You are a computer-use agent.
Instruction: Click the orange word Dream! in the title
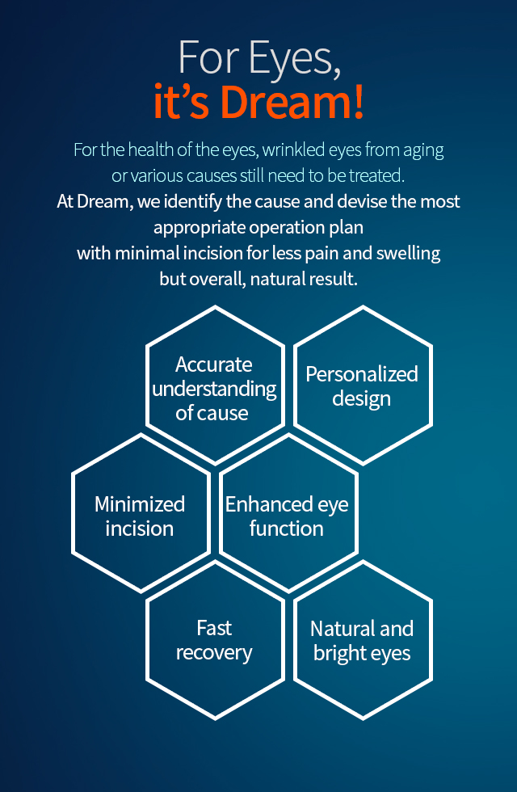pyautogui.click(x=292, y=102)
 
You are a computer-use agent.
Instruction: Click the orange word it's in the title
pyautogui.click(x=181, y=102)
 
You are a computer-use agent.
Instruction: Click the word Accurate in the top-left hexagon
pyautogui.click(x=213, y=364)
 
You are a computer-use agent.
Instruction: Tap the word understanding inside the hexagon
pyautogui.click(x=214, y=390)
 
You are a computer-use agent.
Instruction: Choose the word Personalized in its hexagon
pyautogui.click(x=362, y=374)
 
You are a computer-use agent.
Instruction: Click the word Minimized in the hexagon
pyautogui.click(x=139, y=504)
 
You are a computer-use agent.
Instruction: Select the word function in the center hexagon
pyautogui.click(x=286, y=529)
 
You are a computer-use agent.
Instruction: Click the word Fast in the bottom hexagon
pyautogui.click(x=214, y=629)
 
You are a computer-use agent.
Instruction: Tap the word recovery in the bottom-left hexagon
pyautogui.click(x=214, y=653)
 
